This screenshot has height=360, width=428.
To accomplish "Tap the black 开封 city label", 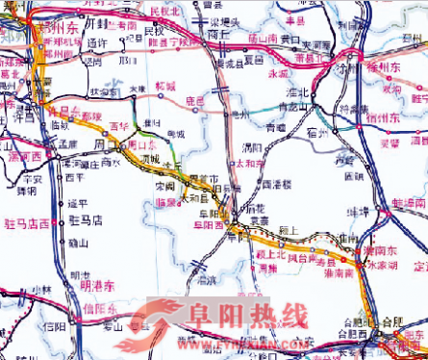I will pos(97,21).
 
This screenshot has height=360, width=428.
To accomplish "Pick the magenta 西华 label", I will pos(119,126).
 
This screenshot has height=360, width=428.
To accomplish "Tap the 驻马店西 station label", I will pos(26,222).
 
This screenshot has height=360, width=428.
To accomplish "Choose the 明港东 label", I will pos(96,285).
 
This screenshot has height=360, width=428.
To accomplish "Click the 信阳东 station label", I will pos(99,308).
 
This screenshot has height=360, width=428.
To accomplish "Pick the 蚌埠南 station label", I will pos(410,204).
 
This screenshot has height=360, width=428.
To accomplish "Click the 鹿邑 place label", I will pos(195,99).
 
